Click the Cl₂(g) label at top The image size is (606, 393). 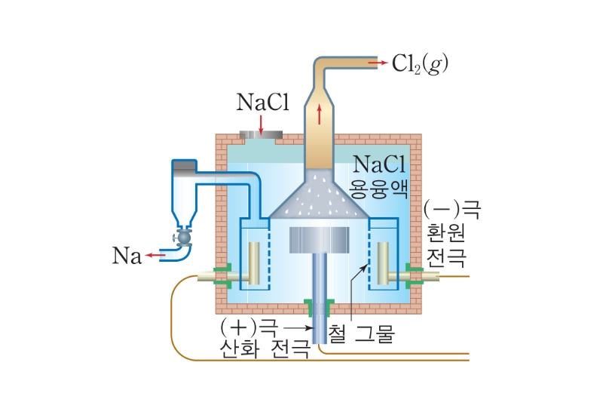coord(421,63)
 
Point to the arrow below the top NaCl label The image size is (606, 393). coord(261,124)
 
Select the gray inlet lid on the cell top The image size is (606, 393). coord(261,136)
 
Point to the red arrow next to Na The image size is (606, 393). coord(156,256)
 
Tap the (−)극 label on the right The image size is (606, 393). coord(445,206)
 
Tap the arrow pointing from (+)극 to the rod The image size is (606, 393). coord(298,328)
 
